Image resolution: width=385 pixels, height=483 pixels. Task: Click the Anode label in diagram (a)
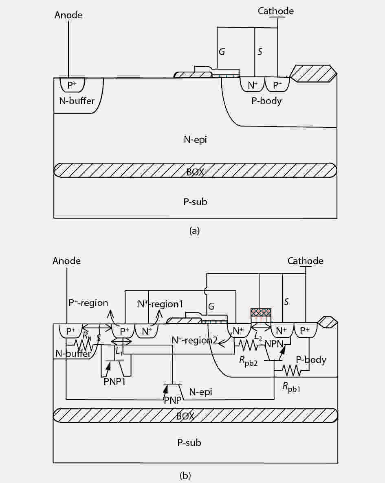pyautogui.click(x=68, y=15)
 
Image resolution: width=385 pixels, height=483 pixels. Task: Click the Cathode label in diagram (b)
pyautogui.click(x=306, y=261)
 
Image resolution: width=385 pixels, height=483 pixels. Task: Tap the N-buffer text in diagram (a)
pyautogui.click(x=77, y=101)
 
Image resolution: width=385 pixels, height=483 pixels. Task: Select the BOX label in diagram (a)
pyautogui.click(x=195, y=172)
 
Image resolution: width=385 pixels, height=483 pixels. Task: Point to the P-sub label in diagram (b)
pyautogui.click(x=189, y=443)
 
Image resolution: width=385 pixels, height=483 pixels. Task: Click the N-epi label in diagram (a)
pyautogui.click(x=195, y=140)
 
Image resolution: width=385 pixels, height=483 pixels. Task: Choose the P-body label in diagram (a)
pyautogui.click(x=266, y=101)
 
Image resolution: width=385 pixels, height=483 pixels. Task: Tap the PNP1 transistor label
pyautogui.click(x=114, y=382)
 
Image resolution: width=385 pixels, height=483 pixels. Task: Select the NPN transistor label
pyautogui.click(x=274, y=343)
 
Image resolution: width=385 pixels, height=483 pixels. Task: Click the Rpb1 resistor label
pyautogui.click(x=291, y=387)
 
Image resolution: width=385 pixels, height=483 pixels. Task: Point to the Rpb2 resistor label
pyautogui.click(x=249, y=361)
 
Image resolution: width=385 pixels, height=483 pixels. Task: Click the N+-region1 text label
pyautogui.click(x=161, y=304)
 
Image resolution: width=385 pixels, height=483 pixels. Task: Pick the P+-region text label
pyautogui.click(x=88, y=303)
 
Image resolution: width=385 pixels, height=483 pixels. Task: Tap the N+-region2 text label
pyautogui.click(x=195, y=341)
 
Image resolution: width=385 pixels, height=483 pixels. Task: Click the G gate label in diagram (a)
pyautogui.click(x=222, y=51)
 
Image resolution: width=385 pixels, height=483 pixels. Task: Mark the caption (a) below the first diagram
pyautogui.click(x=194, y=230)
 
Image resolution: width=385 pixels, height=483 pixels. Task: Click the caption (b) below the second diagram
pyautogui.click(x=185, y=476)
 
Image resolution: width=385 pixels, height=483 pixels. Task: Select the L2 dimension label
pyautogui.click(x=259, y=337)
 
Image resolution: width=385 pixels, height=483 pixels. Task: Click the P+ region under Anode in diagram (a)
pyautogui.click(x=72, y=85)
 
